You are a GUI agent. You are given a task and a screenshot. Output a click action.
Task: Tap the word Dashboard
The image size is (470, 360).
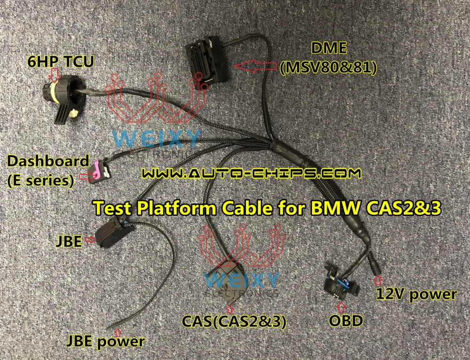click(47, 161)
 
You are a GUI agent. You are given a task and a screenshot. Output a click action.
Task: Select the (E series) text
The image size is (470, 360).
click(40, 180)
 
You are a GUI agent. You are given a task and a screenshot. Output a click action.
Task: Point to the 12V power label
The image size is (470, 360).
click(416, 295)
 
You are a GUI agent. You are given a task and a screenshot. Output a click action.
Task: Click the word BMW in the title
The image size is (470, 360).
click(329, 207)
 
